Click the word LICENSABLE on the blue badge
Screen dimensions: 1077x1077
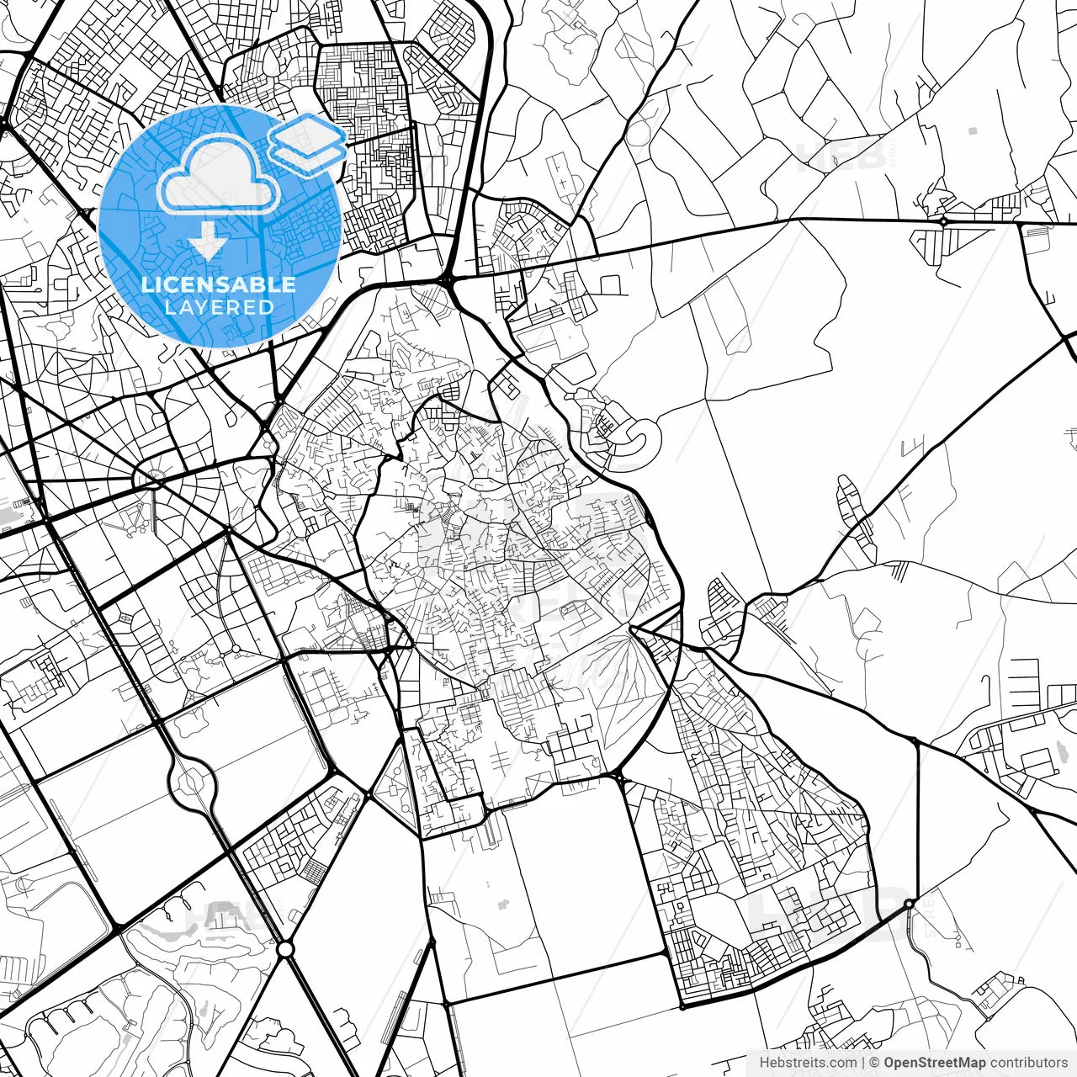(x=219, y=284)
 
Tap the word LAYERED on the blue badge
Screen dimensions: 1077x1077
(x=219, y=307)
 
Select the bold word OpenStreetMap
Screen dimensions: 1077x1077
(x=935, y=1063)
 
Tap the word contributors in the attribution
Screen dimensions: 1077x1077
(x=1028, y=1063)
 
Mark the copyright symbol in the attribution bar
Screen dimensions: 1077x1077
(x=875, y=1063)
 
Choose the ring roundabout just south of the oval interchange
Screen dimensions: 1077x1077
(x=285, y=949)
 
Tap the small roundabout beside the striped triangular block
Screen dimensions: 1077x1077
(x=944, y=221)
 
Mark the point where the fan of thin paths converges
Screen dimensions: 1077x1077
(x=632, y=629)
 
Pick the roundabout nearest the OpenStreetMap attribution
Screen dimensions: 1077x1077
(x=909, y=905)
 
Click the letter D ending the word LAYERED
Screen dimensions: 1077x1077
(x=267, y=307)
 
